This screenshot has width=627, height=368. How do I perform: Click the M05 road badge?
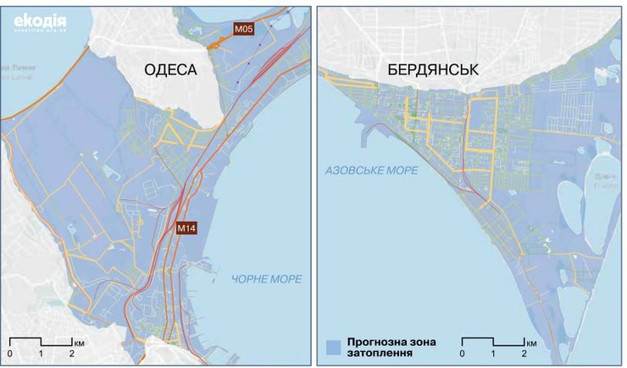pyautogui.click(x=244, y=30)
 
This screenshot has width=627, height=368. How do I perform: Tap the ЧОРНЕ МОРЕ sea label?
pyautogui.click(x=266, y=279)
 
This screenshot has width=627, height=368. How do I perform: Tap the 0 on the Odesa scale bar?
pyautogui.click(x=10, y=353)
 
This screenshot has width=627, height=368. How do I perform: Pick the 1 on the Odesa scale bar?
pyautogui.click(x=41, y=353)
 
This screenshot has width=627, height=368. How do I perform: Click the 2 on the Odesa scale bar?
pyautogui.click(x=71, y=353)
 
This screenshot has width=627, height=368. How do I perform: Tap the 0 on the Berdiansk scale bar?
pyautogui.click(x=462, y=353)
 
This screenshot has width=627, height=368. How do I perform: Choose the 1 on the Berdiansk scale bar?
pyautogui.click(x=493, y=353)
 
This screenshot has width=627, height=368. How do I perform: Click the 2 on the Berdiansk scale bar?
pyautogui.click(x=524, y=353)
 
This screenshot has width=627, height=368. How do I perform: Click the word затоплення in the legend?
pyautogui.click(x=379, y=352)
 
